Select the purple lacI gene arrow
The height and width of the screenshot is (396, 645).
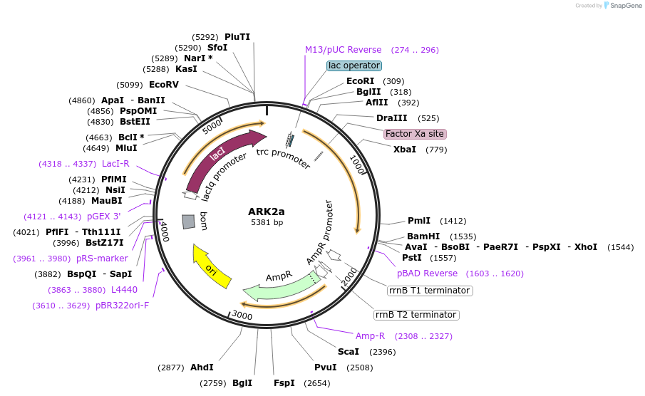click(217, 157)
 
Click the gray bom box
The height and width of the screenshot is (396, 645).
click(189, 222)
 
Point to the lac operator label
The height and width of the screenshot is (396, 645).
click(354, 66)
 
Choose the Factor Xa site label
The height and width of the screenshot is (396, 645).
click(415, 134)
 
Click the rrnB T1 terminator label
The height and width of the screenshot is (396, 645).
click(430, 291)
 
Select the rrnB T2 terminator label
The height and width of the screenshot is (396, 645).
click(416, 315)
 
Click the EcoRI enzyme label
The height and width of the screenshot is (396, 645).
click(360, 81)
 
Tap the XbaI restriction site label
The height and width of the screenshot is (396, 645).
click(405, 150)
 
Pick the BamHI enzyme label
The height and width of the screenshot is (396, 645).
click(423, 236)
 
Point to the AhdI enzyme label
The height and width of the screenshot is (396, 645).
click(202, 368)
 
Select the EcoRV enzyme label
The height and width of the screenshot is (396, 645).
click(164, 85)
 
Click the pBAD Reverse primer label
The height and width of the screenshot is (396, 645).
click(428, 273)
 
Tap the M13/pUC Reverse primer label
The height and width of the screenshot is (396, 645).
click(344, 50)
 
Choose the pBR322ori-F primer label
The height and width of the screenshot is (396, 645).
click(123, 306)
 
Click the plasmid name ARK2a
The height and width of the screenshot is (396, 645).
click(267, 212)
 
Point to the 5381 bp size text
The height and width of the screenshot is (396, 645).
click(267, 222)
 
